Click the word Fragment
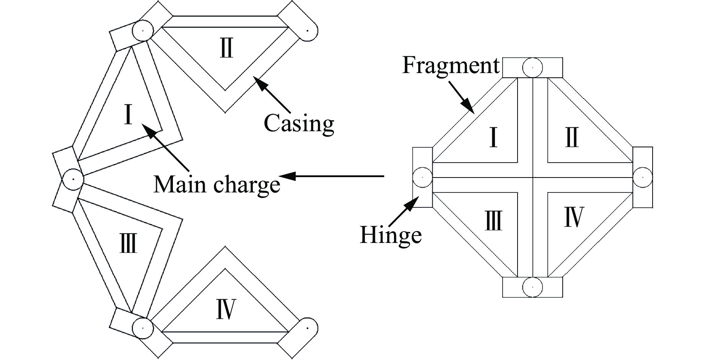451,66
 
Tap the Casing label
299,123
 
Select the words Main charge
217,185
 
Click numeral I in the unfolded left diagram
128,114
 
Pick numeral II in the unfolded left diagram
226,49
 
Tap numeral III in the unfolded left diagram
128,244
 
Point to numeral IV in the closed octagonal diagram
574,217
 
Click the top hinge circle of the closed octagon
532,67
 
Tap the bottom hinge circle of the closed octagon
532,287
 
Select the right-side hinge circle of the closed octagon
642,177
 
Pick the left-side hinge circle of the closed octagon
423,177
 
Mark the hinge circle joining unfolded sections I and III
73,179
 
